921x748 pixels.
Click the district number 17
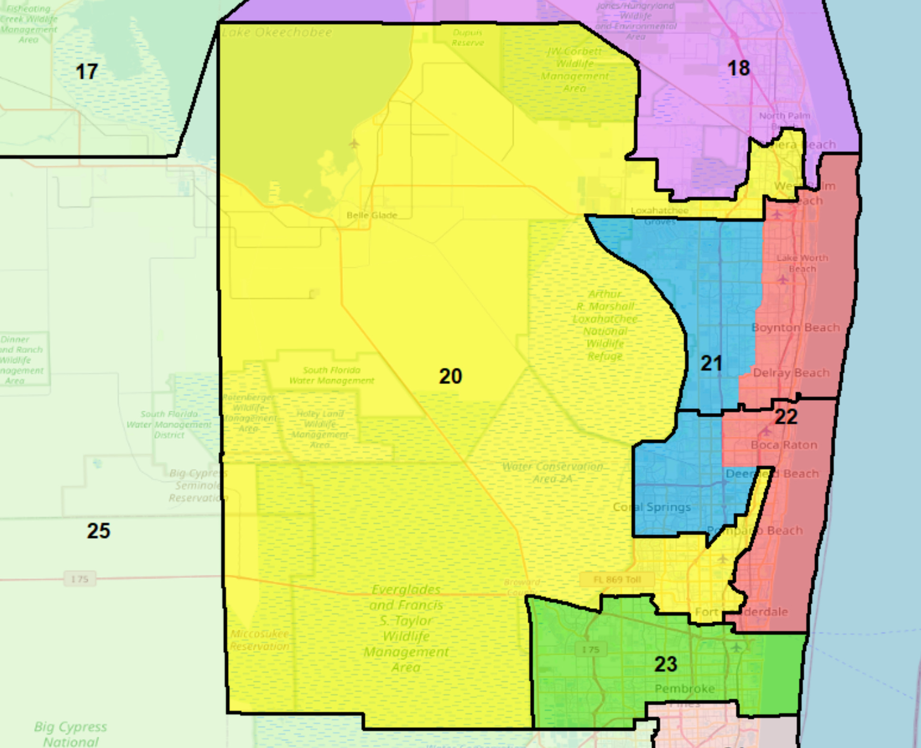pyautogui.click(x=87, y=72)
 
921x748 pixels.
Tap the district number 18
pyautogui.click(x=738, y=68)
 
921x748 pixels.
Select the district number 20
pyautogui.click(x=450, y=376)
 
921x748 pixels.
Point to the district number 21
pyautogui.click(x=711, y=364)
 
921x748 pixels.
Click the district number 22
pyautogui.click(x=785, y=417)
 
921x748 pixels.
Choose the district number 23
pyautogui.click(x=665, y=664)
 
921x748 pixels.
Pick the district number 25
pyautogui.click(x=98, y=531)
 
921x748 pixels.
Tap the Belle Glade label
pyautogui.click(x=372, y=215)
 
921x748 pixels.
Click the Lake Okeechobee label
pyautogui.click(x=277, y=32)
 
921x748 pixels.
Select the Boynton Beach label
pyautogui.click(x=795, y=327)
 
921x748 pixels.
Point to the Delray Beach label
pyautogui.click(x=791, y=373)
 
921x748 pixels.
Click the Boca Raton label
pyautogui.click(x=784, y=445)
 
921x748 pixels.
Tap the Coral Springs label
pyautogui.click(x=651, y=507)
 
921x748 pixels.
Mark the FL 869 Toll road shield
pyautogui.click(x=617, y=580)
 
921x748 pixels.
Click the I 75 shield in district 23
pyautogui.click(x=590, y=650)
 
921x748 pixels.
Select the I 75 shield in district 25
pyautogui.click(x=79, y=579)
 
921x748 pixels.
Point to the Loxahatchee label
pyautogui.click(x=659, y=210)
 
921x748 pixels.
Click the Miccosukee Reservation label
pyautogui.click(x=260, y=640)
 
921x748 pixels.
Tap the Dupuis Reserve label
pyautogui.click(x=468, y=38)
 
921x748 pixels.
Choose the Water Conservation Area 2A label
pyautogui.click(x=552, y=472)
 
